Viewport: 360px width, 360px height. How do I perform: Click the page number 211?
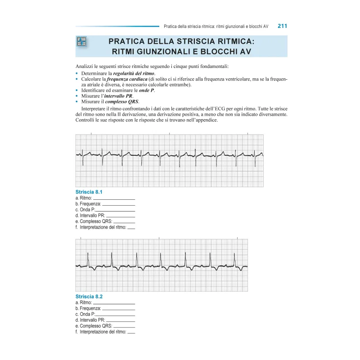(x=282, y=26)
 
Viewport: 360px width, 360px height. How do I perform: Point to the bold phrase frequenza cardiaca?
(x=126, y=79)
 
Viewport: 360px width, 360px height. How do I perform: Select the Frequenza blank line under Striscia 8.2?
(x=118, y=309)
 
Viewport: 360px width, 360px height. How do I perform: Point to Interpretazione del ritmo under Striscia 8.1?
(x=103, y=227)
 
